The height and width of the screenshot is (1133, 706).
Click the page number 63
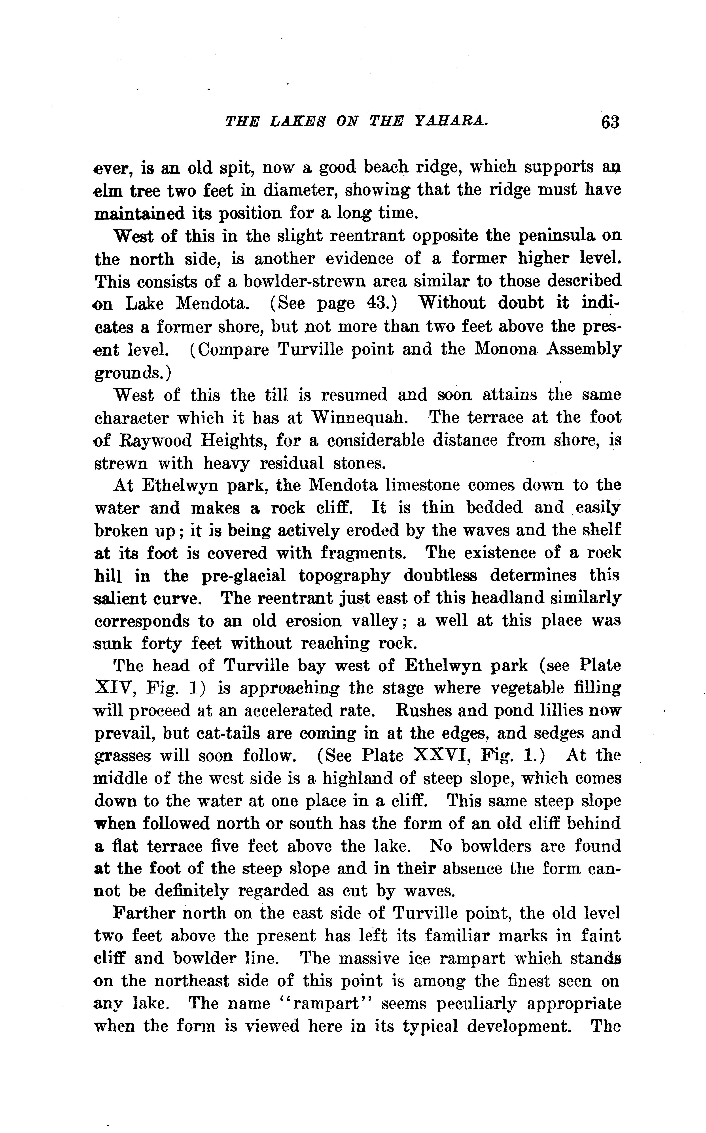[610, 122]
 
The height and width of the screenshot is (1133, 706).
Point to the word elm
[108, 190]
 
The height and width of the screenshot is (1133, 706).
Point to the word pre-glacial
[243, 576]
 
